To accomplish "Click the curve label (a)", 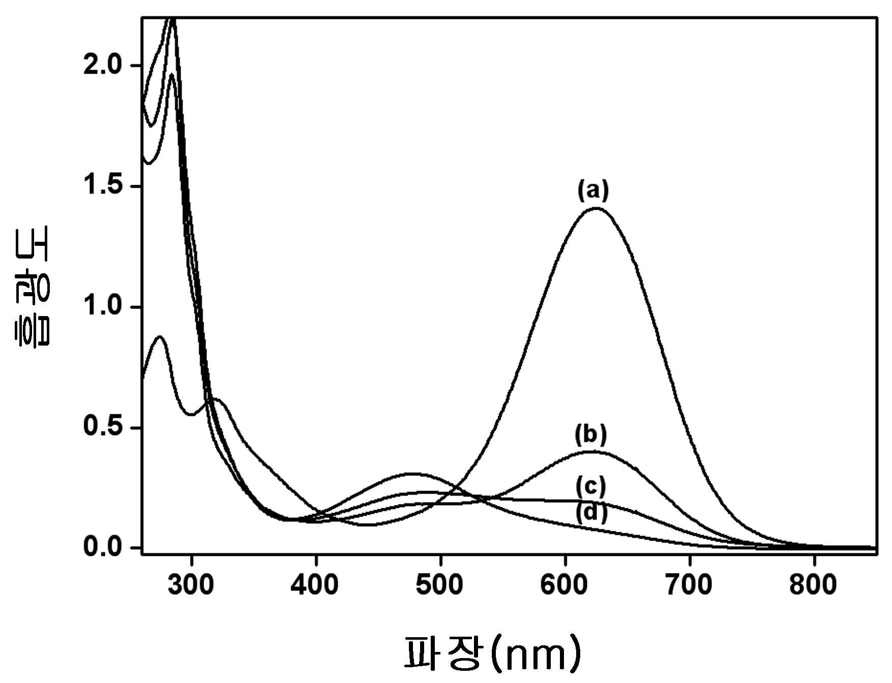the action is pyautogui.click(x=592, y=190).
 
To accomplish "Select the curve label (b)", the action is pyautogui.click(x=591, y=435).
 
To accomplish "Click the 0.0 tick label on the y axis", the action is pyautogui.click(x=103, y=547).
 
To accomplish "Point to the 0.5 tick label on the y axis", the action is pyautogui.click(x=103, y=426).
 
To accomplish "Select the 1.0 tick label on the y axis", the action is pyautogui.click(x=103, y=306).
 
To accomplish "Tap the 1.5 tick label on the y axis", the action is pyautogui.click(x=103, y=185).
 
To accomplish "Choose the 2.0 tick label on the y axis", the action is pyautogui.click(x=103, y=65).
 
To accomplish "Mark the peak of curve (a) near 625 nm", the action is pyautogui.click(x=595, y=208).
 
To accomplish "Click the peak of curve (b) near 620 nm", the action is pyautogui.click(x=591, y=451).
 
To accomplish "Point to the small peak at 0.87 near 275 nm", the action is pyautogui.click(x=160, y=336).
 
